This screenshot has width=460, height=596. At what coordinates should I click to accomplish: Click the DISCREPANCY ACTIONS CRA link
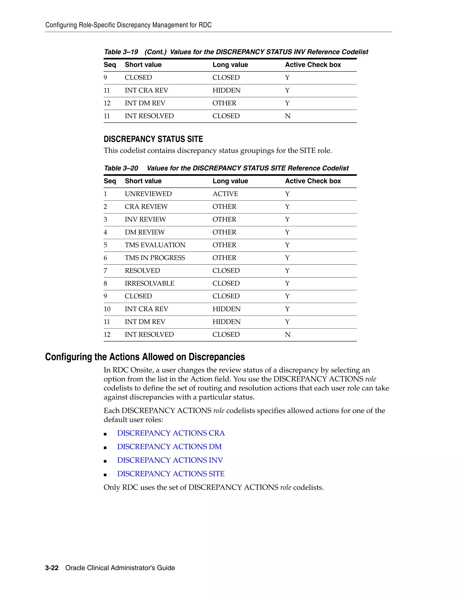coord(171,433)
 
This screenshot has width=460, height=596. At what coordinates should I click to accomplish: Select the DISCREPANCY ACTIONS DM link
coord(169,447)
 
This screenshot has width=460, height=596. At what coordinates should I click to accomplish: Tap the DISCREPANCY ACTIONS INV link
coord(170,460)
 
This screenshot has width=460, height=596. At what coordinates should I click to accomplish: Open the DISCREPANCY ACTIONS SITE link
coord(171,474)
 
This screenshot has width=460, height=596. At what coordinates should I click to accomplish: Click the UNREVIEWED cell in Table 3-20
coord(148,194)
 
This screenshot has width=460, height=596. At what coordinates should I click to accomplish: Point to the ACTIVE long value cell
coord(225,194)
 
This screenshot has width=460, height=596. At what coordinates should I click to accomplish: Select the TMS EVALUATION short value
coord(155,245)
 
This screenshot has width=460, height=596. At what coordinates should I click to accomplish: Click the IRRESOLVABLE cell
coord(149,284)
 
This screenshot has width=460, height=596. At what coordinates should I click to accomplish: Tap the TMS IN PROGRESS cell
coord(155,258)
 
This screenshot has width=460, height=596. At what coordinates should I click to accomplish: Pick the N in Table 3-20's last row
coord(287,335)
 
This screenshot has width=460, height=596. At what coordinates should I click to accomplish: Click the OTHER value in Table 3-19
coord(224,103)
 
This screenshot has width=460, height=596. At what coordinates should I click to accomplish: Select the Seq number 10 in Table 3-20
coord(107,309)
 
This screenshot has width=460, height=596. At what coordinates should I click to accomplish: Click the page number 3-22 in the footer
coord(52,568)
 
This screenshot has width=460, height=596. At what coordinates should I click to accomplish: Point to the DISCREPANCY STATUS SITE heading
coord(153,139)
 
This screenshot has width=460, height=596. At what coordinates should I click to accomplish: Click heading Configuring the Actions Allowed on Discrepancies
coord(145,357)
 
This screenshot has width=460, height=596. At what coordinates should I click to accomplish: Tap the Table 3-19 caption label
coord(121,52)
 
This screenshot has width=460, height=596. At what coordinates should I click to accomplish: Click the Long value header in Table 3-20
coord(230,181)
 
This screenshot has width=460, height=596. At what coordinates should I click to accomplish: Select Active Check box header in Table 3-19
coord(313,65)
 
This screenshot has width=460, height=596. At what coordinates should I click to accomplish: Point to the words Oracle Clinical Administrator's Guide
coord(120,568)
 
